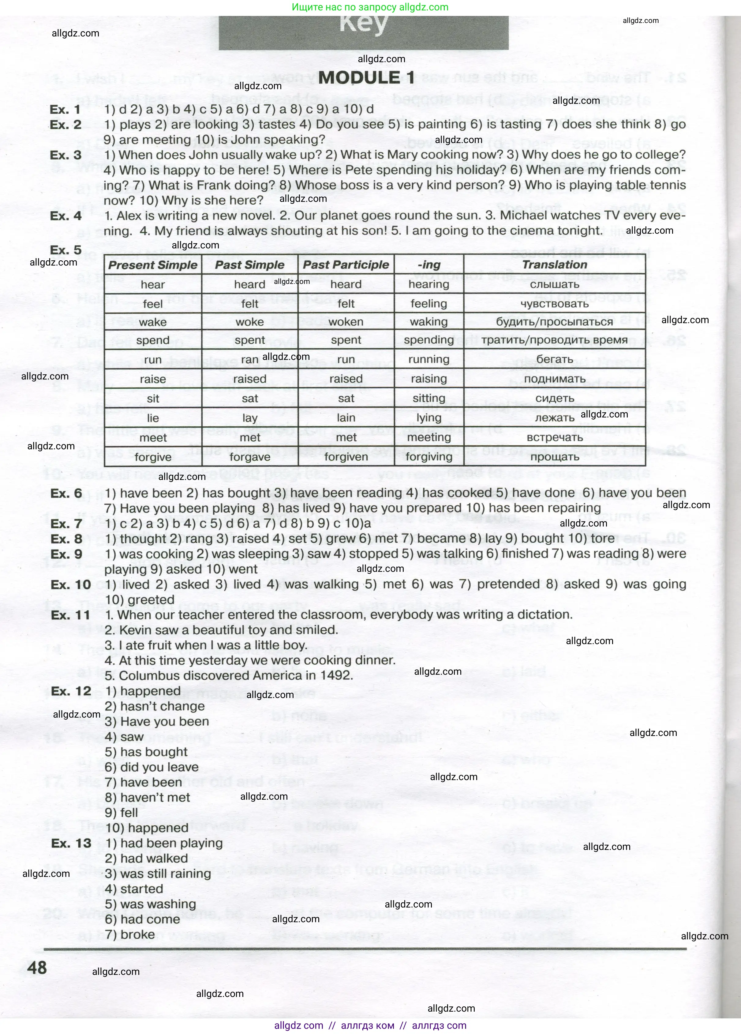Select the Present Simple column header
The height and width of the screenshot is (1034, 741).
[153, 265]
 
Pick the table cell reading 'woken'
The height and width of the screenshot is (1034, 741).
[346, 322]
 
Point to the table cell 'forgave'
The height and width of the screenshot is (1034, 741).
[250, 457]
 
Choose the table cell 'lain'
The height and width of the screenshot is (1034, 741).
[346, 417]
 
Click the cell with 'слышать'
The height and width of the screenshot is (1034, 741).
[554, 285]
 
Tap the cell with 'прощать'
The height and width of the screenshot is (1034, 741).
[554, 457]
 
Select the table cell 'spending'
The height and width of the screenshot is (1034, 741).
[429, 340]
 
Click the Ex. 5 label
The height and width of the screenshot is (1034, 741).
[65, 250]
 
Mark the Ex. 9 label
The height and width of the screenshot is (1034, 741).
[66, 554]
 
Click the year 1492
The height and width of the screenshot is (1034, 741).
[338, 676]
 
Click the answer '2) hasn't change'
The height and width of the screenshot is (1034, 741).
[155, 706]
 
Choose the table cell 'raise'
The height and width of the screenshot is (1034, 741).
[153, 379]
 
